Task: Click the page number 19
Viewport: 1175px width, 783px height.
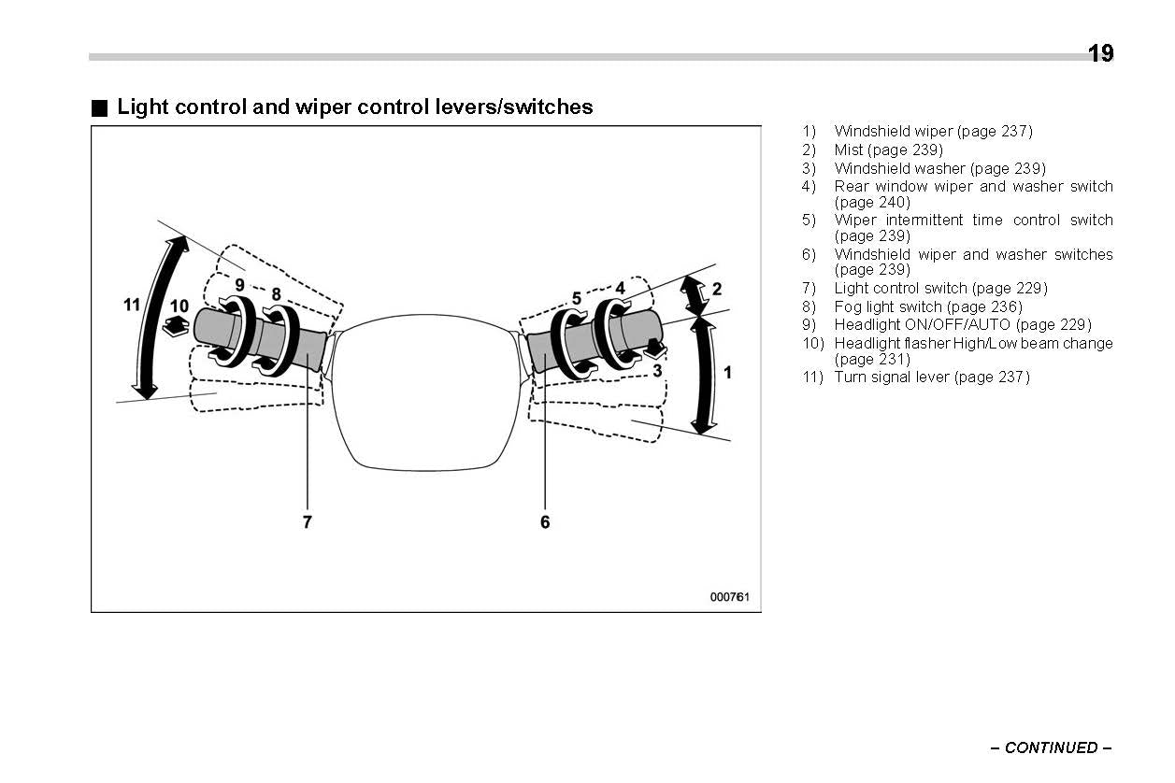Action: pyautogui.click(x=1100, y=53)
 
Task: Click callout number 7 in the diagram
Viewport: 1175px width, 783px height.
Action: pyautogui.click(x=307, y=522)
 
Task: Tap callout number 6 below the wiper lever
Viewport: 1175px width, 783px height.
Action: pyautogui.click(x=545, y=522)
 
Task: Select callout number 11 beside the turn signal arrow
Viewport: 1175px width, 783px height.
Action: pyautogui.click(x=132, y=305)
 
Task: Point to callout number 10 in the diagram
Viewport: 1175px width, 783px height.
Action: pyautogui.click(x=179, y=306)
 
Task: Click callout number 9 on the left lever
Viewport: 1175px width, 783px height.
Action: pyautogui.click(x=239, y=284)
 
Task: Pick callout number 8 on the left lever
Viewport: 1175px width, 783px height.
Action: pyautogui.click(x=276, y=293)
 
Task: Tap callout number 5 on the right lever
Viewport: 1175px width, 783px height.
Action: pyautogui.click(x=577, y=298)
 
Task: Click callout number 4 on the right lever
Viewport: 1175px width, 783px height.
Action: pyautogui.click(x=620, y=289)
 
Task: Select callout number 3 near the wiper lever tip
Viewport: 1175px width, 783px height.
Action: pyautogui.click(x=657, y=370)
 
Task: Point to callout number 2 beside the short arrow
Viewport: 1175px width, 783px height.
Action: pyautogui.click(x=717, y=289)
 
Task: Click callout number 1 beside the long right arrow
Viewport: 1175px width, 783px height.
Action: pyautogui.click(x=727, y=372)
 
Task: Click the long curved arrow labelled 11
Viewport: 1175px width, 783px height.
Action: pyautogui.click(x=156, y=318)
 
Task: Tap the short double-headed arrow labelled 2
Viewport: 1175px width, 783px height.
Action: pyautogui.click(x=694, y=293)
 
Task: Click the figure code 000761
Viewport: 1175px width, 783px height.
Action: pyautogui.click(x=729, y=597)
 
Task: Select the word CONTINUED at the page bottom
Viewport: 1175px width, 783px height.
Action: pyautogui.click(x=1052, y=747)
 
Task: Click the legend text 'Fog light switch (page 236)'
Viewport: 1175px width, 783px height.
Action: pyautogui.click(x=927, y=306)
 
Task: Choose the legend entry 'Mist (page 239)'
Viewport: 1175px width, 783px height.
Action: pyautogui.click(x=888, y=149)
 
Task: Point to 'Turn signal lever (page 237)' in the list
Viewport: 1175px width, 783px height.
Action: pyautogui.click(x=931, y=377)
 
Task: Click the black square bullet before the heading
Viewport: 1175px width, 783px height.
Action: pyautogui.click(x=100, y=107)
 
